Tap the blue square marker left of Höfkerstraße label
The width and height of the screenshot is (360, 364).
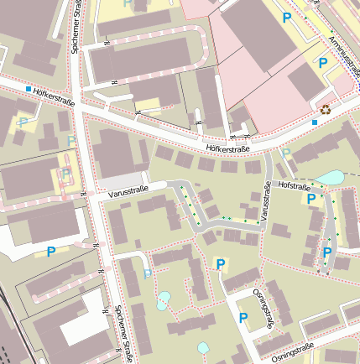29,89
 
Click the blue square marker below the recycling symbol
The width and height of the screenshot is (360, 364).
315,123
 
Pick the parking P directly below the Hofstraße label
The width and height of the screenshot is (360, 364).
312,199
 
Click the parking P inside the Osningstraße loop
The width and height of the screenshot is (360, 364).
243,318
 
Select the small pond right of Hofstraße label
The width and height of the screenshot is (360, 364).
331,178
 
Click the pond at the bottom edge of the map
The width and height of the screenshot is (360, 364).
203,347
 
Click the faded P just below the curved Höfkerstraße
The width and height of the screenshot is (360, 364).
286,153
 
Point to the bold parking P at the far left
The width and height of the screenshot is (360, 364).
51,251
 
